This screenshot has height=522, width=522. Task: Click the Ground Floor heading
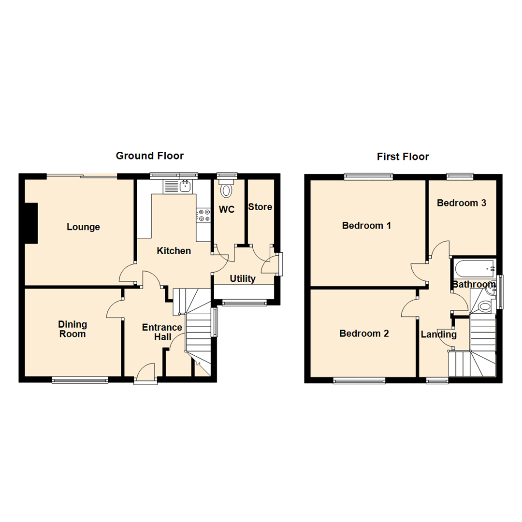(x=149, y=156)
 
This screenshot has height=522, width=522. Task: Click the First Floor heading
(x=403, y=157)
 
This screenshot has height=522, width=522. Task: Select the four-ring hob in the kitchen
(x=203, y=215)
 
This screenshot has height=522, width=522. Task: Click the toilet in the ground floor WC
(x=226, y=189)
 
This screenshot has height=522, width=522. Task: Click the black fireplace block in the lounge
(x=31, y=223)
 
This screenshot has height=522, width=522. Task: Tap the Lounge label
(x=83, y=227)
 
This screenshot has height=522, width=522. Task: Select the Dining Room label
(x=72, y=329)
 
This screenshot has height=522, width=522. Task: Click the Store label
(x=260, y=207)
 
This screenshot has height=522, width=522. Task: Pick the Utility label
(x=242, y=279)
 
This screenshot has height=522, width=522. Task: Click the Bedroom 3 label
(x=461, y=203)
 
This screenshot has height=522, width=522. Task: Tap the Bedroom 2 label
(x=364, y=333)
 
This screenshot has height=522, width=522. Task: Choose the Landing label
(x=438, y=334)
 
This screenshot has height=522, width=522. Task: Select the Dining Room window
(x=80, y=380)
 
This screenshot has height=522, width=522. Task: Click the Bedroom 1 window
(x=368, y=176)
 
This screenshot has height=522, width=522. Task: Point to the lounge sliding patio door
(x=82, y=176)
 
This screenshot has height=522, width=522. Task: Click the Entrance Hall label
(x=162, y=332)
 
